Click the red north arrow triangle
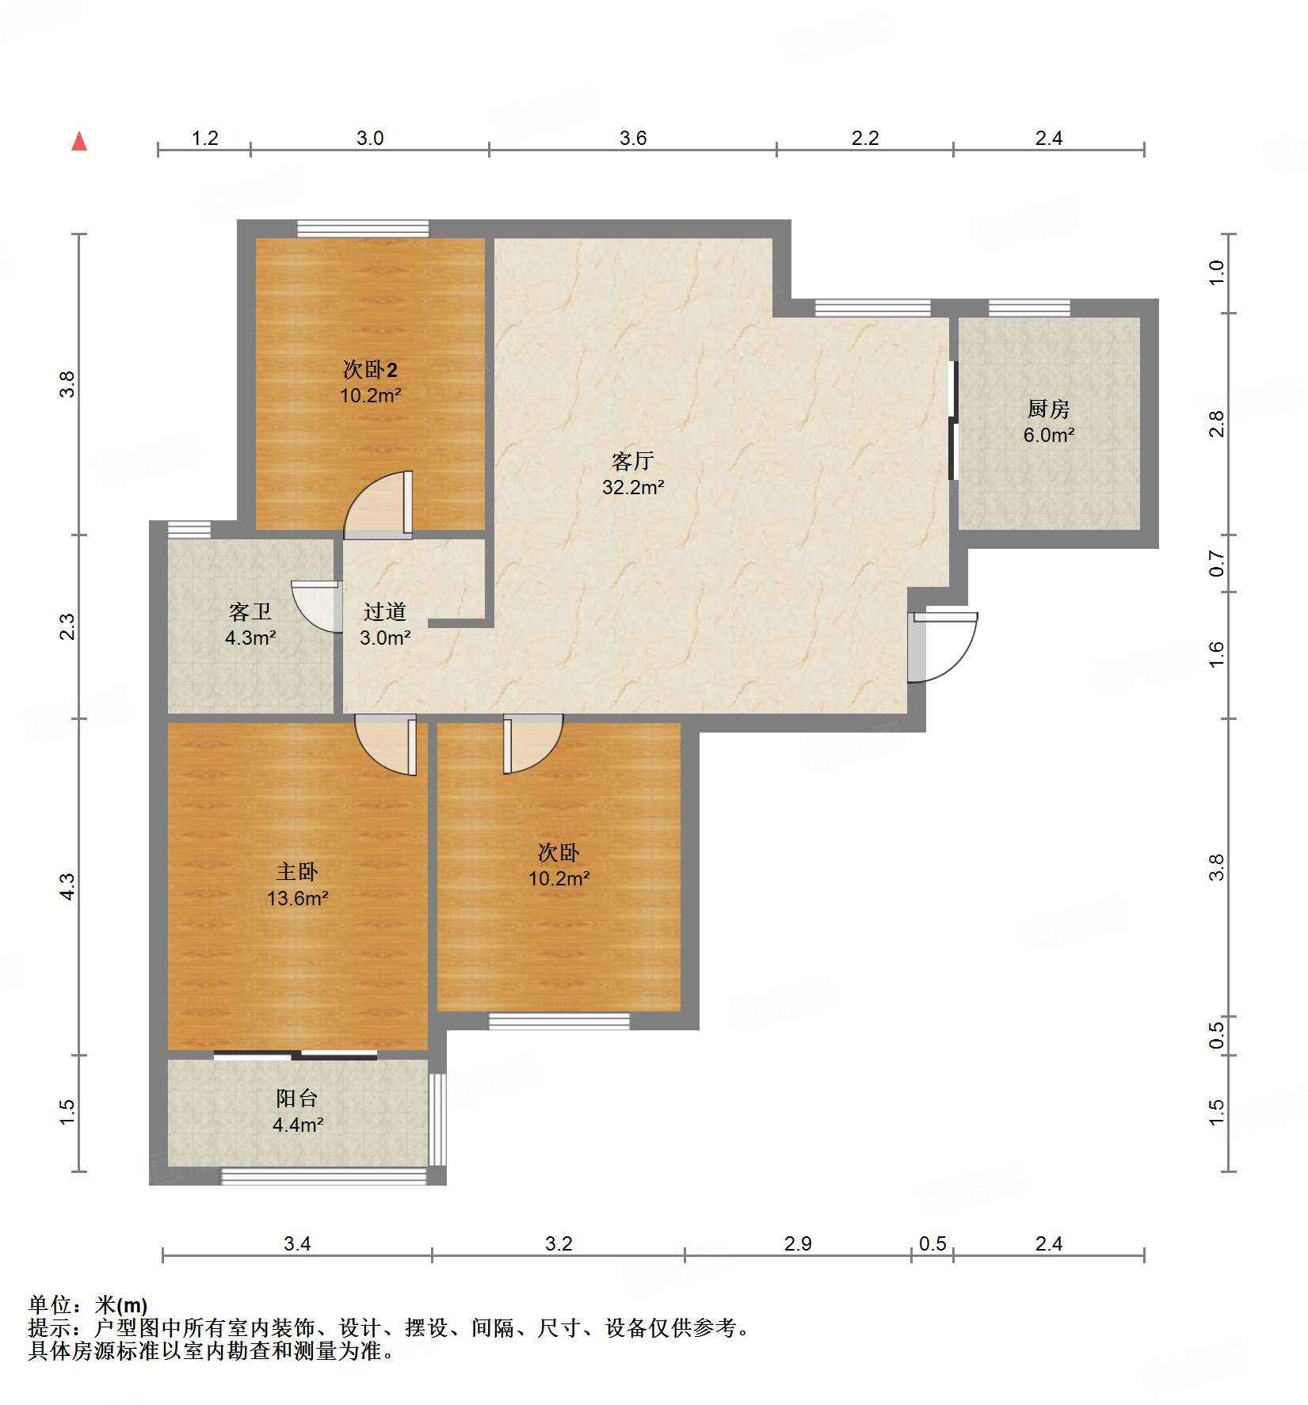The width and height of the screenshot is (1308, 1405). click(x=79, y=141)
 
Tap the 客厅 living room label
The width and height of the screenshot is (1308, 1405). click(x=633, y=461)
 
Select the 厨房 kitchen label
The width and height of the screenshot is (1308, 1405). click(x=1048, y=409)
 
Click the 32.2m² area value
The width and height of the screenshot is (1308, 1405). click(x=633, y=487)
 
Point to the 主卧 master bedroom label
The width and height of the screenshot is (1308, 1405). click(x=297, y=872)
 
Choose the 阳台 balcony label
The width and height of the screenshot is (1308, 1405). click(x=297, y=1098)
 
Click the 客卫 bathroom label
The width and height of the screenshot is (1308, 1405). click(x=250, y=611)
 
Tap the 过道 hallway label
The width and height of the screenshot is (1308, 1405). click(x=385, y=611)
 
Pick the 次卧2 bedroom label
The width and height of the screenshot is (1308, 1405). click(x=370, y=369)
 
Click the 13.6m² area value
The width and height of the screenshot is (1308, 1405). click(x=297, y=898)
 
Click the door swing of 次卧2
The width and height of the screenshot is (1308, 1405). click(x=378, y=505)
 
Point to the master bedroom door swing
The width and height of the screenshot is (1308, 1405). click(x=386, y=744)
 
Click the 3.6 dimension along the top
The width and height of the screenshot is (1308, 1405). click(x=633, y=138)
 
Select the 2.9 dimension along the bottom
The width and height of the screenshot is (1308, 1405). click(x=798, y=1243)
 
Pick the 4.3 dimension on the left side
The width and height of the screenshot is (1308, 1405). click(x=67, y=886)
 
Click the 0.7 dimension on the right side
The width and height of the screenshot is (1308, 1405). click(x=1217, y=564)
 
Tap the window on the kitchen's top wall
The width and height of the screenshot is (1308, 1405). click(x=1029, y=308)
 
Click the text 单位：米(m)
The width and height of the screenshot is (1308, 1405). click(x=88, y=1304)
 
